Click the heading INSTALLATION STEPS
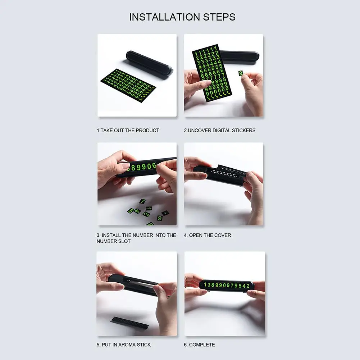coord(182,17)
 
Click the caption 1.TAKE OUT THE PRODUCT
coord(128,131)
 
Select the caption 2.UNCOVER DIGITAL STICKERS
coord(219,131)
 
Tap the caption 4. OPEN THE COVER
coord(207,235)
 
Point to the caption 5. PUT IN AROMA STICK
coord(124,345)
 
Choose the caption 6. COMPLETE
coord(199,345)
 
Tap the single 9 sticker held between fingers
coord(240,73)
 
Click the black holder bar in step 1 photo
coord(149,62)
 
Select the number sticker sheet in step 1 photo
coord(128,85)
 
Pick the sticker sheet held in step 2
coord(212,73)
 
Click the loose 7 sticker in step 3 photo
coord(142,201)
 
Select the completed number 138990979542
coord(227,286)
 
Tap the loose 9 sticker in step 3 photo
coord(160,218)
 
